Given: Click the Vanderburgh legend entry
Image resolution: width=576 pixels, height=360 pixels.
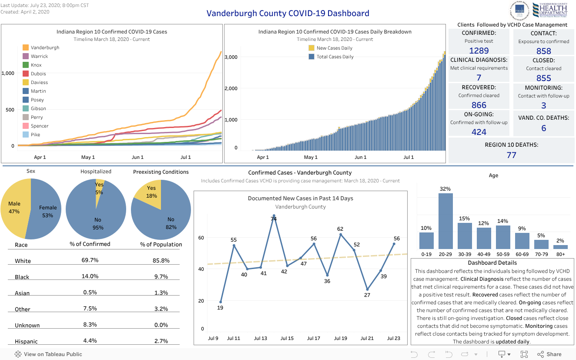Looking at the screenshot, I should [45, 47].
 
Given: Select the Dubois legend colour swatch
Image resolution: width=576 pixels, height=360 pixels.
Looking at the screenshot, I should [26, 74].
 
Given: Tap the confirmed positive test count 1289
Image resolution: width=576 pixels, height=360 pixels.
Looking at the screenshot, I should [479, 50].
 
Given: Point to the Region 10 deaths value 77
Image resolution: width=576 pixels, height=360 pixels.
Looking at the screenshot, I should [511, 155].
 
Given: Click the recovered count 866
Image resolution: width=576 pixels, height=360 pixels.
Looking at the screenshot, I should [479, 105].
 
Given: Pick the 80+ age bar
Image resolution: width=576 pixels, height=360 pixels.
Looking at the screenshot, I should [560, 247].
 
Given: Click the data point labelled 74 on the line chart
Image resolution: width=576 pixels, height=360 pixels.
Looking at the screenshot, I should [274, 216].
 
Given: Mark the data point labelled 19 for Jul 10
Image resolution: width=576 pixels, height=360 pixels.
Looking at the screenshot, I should [221, 302].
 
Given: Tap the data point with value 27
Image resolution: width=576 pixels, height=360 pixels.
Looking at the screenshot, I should [367, 289].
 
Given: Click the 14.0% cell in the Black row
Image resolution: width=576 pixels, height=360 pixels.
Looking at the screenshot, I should [90, 276].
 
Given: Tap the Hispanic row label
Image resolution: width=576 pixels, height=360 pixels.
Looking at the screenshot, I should [26, 342].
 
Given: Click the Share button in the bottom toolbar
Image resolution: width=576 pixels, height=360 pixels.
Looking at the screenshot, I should [549, 354].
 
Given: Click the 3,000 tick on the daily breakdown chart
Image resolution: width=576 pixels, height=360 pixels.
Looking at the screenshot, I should [231, 57].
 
